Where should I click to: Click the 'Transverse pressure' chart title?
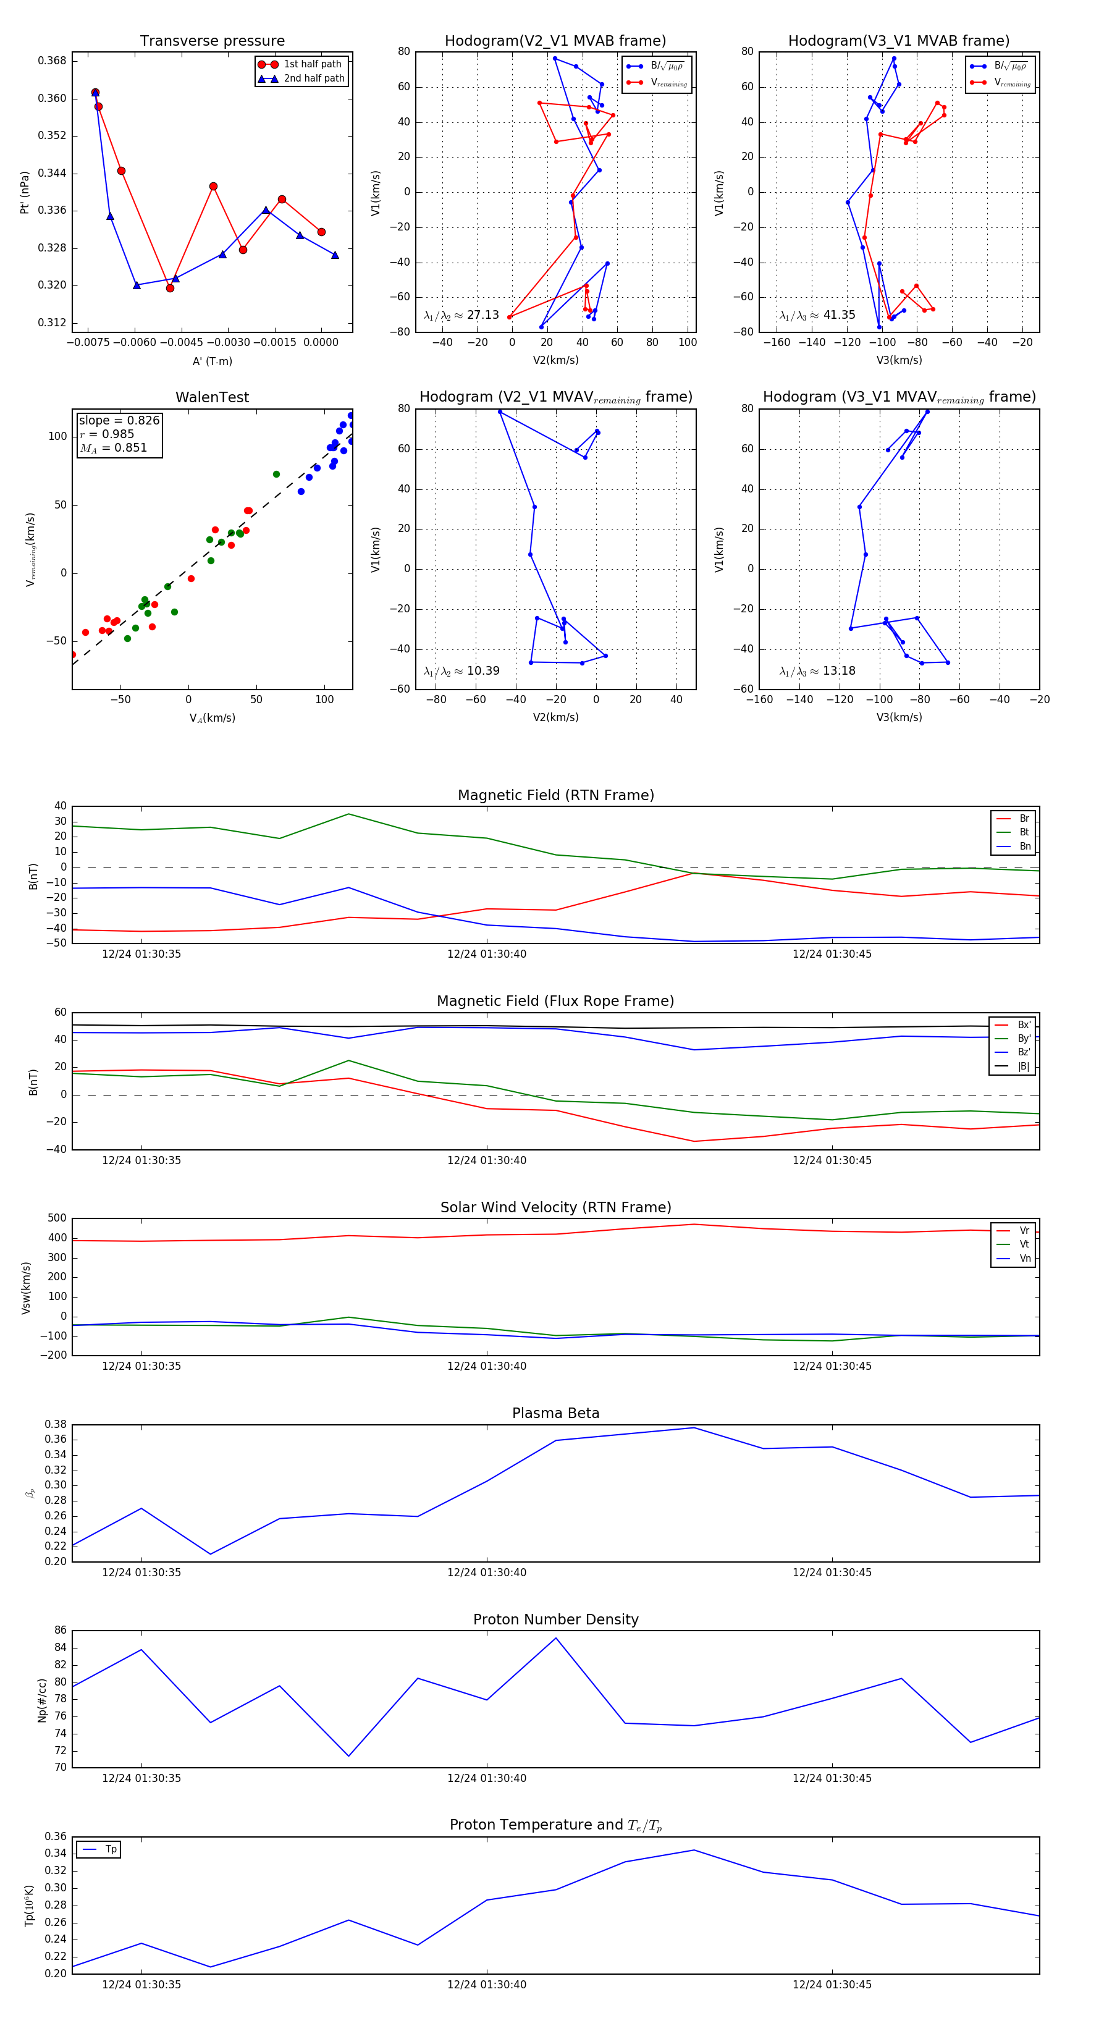point(212,41)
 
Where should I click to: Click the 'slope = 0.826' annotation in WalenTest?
point(119,420)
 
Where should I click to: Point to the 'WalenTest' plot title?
point(212,397)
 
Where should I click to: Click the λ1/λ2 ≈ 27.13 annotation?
point(461,315)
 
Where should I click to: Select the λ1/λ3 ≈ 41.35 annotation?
point(817,315)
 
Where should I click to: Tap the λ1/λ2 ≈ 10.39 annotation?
point(461,671)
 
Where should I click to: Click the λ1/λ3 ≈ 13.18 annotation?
point(817,671)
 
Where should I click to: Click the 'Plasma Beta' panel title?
point(555,1413)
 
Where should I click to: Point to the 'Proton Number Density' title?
point(555,1619)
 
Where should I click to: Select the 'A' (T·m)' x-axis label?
point(212,361)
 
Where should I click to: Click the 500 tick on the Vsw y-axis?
point(57,1218)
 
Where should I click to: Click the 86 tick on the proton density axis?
point(60,1631)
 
